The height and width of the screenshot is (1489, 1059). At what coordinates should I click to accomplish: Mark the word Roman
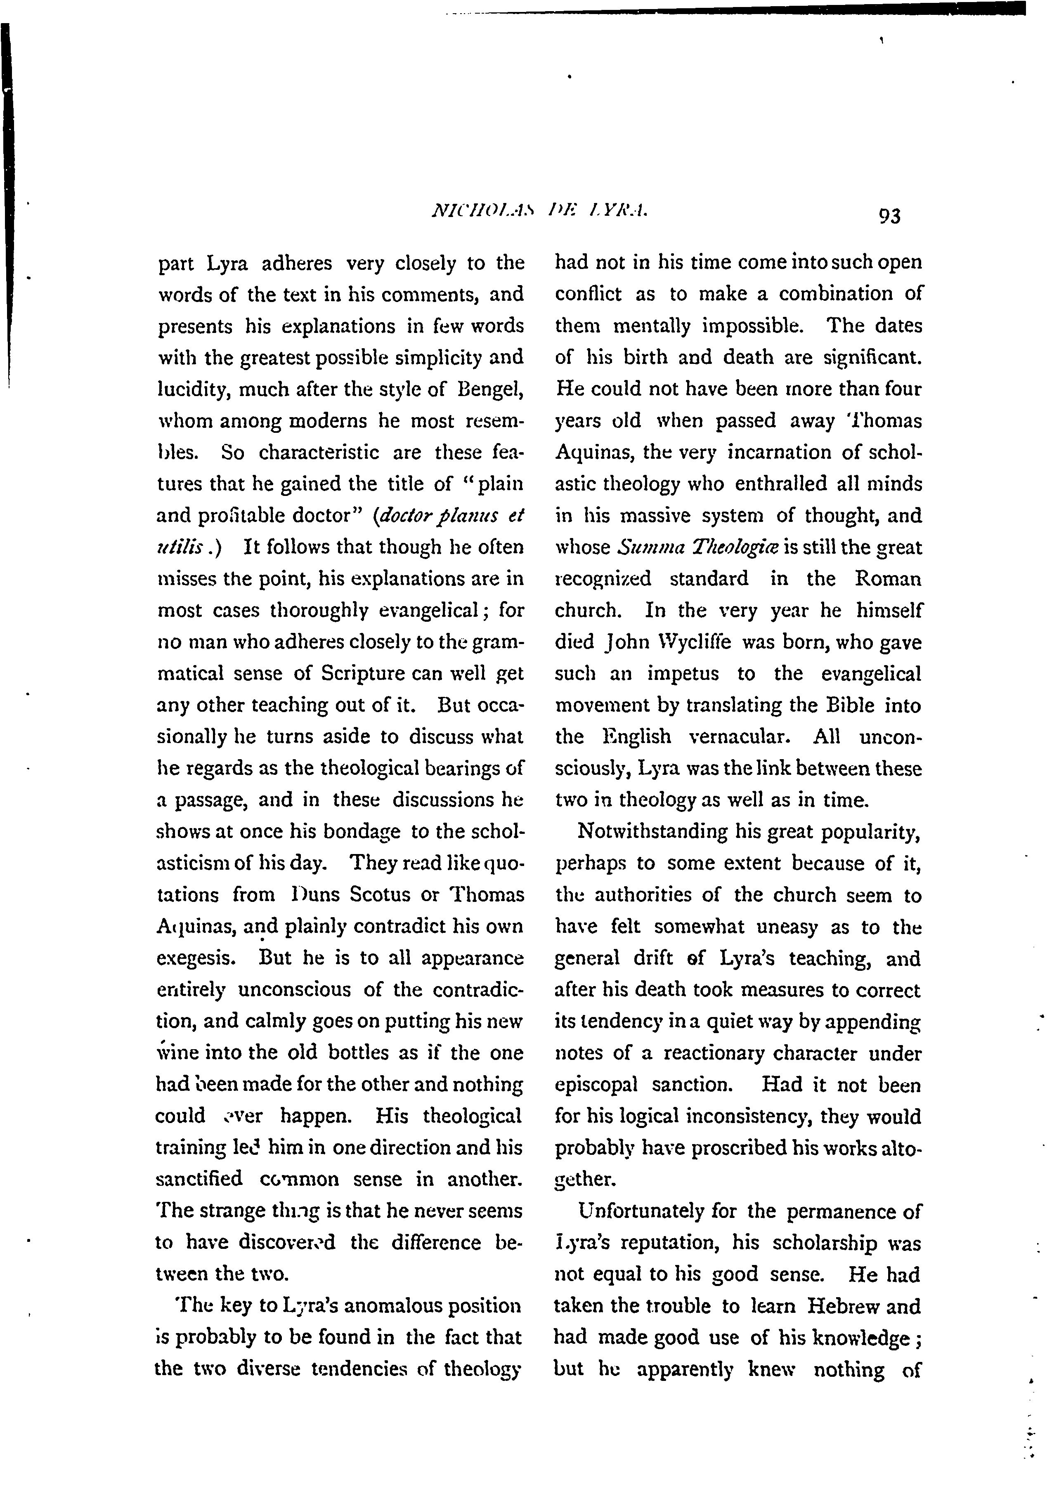[x=887, y=579]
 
